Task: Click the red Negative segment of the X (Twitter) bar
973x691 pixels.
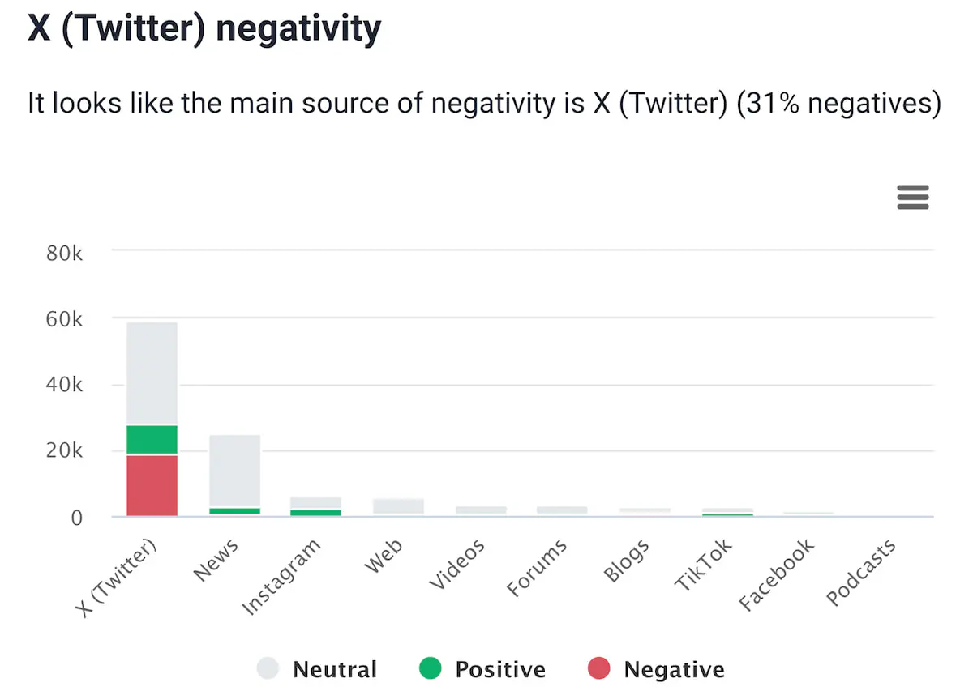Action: pos(152,485)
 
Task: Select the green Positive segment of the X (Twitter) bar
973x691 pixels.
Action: pos(152,440)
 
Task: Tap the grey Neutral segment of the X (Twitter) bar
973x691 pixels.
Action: pos(152,373)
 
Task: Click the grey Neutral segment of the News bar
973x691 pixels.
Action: pos(234,471)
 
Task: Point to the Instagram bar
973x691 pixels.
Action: pos(315,506)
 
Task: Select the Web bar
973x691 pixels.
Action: pos(398,506)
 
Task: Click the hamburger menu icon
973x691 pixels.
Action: pos(912,197)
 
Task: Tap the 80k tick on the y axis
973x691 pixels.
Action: pos(65,253)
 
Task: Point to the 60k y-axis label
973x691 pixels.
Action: pos(65,319)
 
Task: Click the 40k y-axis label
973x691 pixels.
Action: pos(65,385)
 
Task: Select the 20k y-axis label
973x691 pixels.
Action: pos(65,451)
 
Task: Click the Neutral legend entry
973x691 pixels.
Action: pos(317,670)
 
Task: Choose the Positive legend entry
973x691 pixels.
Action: pos(482,670)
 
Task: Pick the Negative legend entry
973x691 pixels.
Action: pos(655,670)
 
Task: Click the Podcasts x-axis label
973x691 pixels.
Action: pos(862,572)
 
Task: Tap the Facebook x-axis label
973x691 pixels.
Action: pos(777,575)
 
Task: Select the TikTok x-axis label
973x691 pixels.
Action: pos(703,565)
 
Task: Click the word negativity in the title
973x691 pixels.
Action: pos(298,30)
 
